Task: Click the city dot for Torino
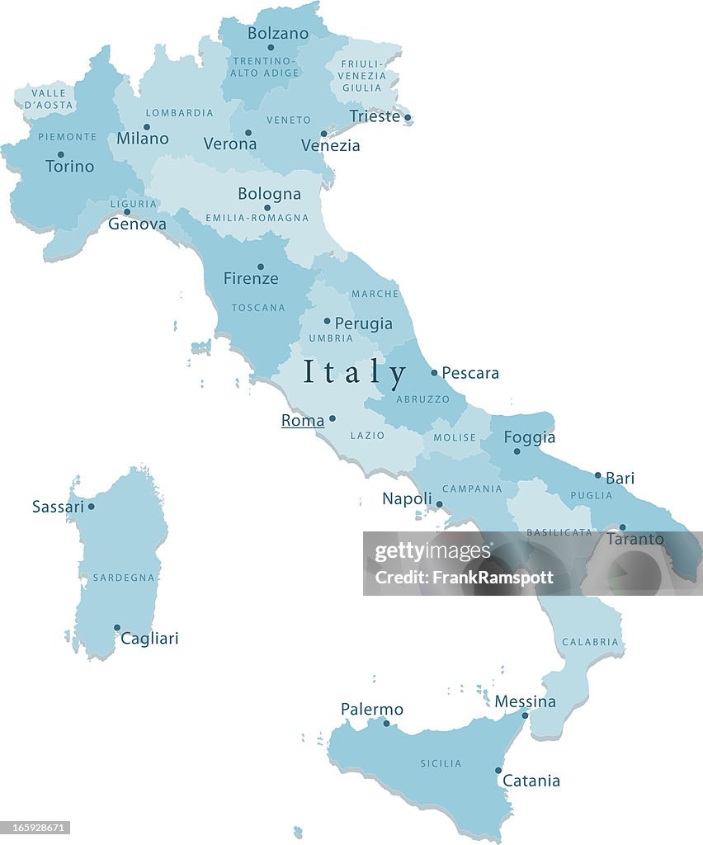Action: pos(60,154)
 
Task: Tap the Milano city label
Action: pos(142,139)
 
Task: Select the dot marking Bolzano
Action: pos(270,47)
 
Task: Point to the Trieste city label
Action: pos(375,116)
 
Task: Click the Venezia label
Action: pos(330,145)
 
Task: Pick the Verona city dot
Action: pos(248,132)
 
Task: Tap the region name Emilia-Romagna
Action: pos(257,219)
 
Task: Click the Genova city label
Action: pos(137,224)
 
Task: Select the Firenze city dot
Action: pos(260,267)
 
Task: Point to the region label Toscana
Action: pos(258,308)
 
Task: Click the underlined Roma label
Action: pos(303,421)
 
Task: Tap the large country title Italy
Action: pos(355,372)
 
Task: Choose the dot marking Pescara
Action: pos(434,372)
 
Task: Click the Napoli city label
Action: pos(407,498)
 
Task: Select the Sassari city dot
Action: pos(91,507)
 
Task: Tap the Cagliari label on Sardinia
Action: pos(149,638)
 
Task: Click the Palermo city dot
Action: pos(385,724)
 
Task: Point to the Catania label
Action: pos(531,781)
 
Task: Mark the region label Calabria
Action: pos(590,642)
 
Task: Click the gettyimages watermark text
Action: pos(433,552)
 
